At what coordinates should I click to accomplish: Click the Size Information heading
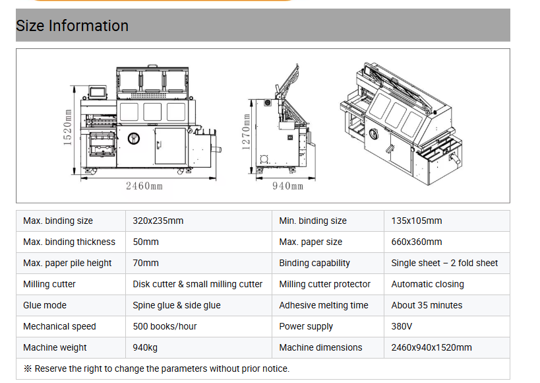pos(72,26)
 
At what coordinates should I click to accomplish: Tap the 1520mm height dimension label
pos(67,127)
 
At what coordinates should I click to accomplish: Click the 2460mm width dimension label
pos(144,186)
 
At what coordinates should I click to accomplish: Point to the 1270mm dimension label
pos(246,132)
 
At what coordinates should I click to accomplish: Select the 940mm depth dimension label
pos(288,186)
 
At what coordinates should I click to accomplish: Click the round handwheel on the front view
pos(134,138)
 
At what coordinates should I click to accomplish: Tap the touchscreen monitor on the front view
pos(98,92)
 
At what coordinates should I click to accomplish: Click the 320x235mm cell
pos(158,221)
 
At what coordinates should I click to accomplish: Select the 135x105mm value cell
pos(417,221)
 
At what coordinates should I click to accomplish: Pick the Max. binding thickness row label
pos(69,242)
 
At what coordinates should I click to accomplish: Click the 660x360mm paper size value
pos(417,242)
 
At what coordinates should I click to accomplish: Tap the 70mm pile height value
pos(146,263)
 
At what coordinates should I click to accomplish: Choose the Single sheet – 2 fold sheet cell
pos(444,263)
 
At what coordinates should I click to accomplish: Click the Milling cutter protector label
pos(325,284)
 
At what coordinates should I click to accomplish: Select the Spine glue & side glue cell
pos(177,305)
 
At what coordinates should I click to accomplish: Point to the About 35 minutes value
pos(427,305)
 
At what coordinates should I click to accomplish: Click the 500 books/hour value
pos(165,326)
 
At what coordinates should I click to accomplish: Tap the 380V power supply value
pos(402,326)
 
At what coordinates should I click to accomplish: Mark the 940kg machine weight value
pos(145,347)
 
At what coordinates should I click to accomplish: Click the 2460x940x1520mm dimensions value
pos(431,347)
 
